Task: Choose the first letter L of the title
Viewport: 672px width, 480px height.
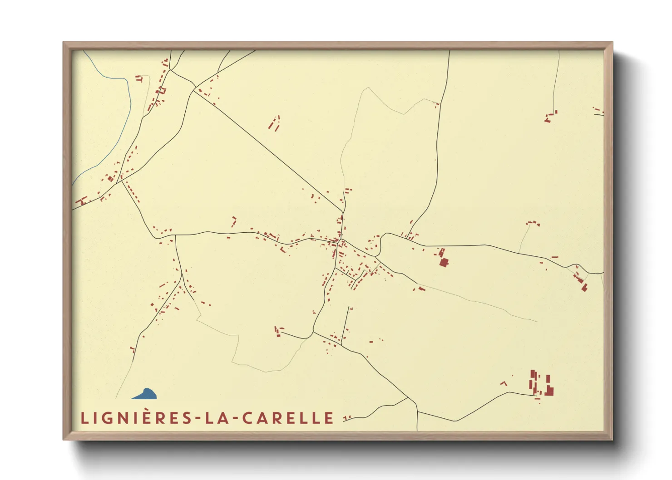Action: (84, 418)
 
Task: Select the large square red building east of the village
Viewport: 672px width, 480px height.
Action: (444, 262)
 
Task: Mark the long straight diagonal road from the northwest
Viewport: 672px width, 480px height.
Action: (268, 150)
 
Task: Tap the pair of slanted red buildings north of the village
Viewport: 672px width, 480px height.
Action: (274, 123)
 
